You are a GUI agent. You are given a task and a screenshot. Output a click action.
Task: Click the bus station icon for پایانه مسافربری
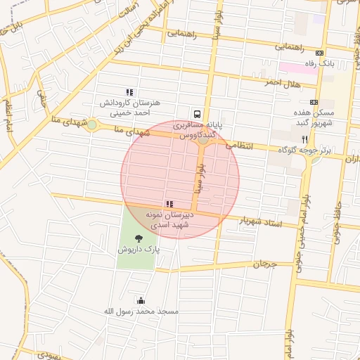coord(197,113)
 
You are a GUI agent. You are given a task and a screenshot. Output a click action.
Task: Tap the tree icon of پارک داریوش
coord(138,239)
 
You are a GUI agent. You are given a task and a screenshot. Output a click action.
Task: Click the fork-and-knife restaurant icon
coord(304,139)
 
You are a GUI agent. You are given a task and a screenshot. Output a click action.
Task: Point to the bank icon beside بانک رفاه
coord(320,53)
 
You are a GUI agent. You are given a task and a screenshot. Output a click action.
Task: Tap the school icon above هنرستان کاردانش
coord(129,92)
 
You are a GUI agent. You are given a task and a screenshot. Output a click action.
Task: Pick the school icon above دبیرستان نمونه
coord(169,203)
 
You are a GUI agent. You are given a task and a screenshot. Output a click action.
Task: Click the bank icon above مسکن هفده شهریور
coord(313,102)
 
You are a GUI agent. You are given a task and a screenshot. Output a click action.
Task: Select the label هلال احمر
coord(282,82)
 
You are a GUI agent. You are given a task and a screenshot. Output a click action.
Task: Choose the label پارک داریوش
coord(138,250)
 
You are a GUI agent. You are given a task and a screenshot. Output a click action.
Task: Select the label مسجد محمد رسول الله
coord(148,311)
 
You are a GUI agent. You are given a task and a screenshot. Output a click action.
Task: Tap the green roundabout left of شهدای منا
coord(91,125)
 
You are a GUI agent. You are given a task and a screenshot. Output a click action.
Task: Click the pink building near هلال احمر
coord(289,68)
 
